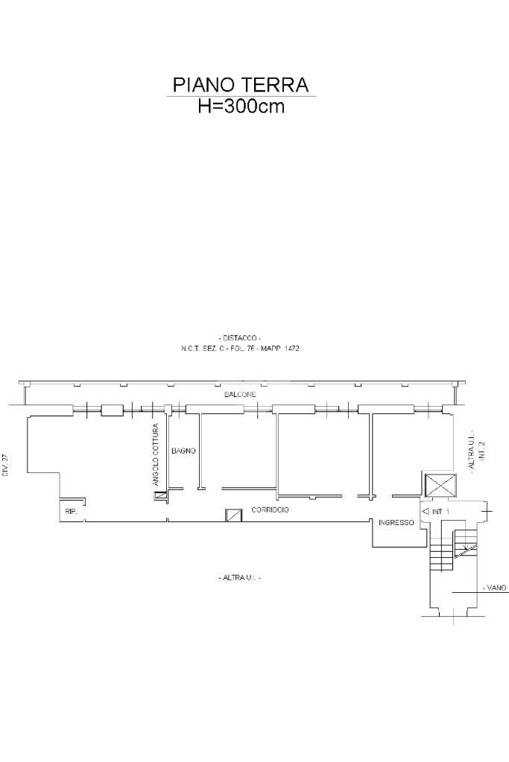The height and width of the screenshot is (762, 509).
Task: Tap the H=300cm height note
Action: pyautogui.click(x=241, y=106)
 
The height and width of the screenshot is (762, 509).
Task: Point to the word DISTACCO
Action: pyautogui.click(x=240, y=338)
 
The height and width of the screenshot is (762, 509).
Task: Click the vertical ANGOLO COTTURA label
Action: pyautogui.click(x=156, y=455)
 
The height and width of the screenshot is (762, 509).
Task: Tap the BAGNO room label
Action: pyautogui.click(x=183, y=451)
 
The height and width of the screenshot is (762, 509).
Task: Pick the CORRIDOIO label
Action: pyautogui.click(x=270, y=510)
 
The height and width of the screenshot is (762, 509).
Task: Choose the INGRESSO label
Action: pyautogui.click(x=396, y=523)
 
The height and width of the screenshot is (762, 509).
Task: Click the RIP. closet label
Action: pyautogui.click(x=71, y=512)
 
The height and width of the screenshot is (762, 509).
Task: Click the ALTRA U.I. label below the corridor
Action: pyautogui.click(x=240, y=578)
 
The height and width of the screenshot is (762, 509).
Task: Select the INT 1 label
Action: pyautogui.click(x=441, y=512)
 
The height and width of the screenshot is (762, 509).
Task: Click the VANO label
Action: pyautogui.click(x=495, y=588)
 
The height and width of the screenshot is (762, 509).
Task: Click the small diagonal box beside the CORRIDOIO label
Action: pyautogui.click(x=234, y=515)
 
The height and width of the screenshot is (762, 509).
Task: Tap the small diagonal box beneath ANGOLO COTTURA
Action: pyautogui.click(x=159, y=495)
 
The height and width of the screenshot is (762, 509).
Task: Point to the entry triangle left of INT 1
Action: pyautogui.click(x=426, y=512)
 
